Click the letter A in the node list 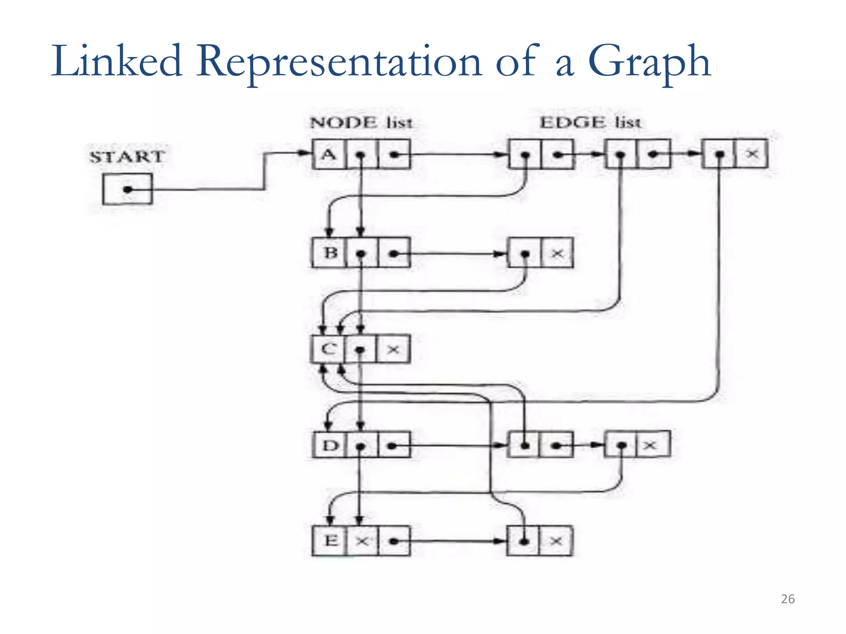point(329,155)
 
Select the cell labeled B point(330,253)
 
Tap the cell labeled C point(329,350)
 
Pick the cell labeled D point(330,445)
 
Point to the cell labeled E point(330,540)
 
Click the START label point(127,157)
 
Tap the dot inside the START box point(128,189)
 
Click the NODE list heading point(361,123)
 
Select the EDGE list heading point(590,123)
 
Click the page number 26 point(788,599)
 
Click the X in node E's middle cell point(362,541)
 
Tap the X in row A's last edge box point(752,154)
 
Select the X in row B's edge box point(557,253)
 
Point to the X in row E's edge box point(556,541)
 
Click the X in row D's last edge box point(650,445)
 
